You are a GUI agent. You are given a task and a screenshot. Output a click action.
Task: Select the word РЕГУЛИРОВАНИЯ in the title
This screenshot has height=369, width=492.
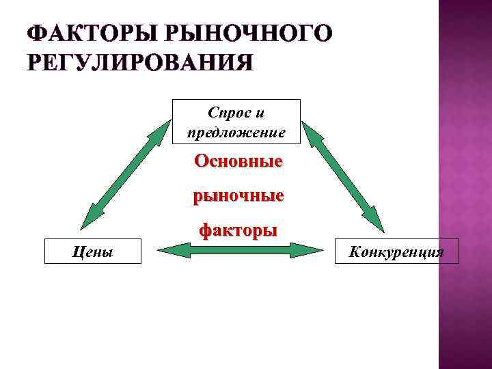[139, 63]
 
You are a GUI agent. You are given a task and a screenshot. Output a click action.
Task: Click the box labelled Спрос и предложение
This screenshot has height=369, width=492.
[236, 122]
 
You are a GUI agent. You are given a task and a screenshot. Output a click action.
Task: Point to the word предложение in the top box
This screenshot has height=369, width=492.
[236, 132]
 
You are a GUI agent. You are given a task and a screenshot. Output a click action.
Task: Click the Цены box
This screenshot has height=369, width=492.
[92, 251]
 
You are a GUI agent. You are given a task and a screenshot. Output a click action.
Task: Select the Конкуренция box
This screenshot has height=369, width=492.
[396, 251]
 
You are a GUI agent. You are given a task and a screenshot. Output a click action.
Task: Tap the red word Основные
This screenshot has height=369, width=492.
[238, 162]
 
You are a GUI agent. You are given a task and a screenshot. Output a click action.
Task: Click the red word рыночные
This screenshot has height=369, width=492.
[238, 196]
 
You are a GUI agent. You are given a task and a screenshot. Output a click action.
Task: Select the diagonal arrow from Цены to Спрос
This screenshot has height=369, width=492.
[126, 175]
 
